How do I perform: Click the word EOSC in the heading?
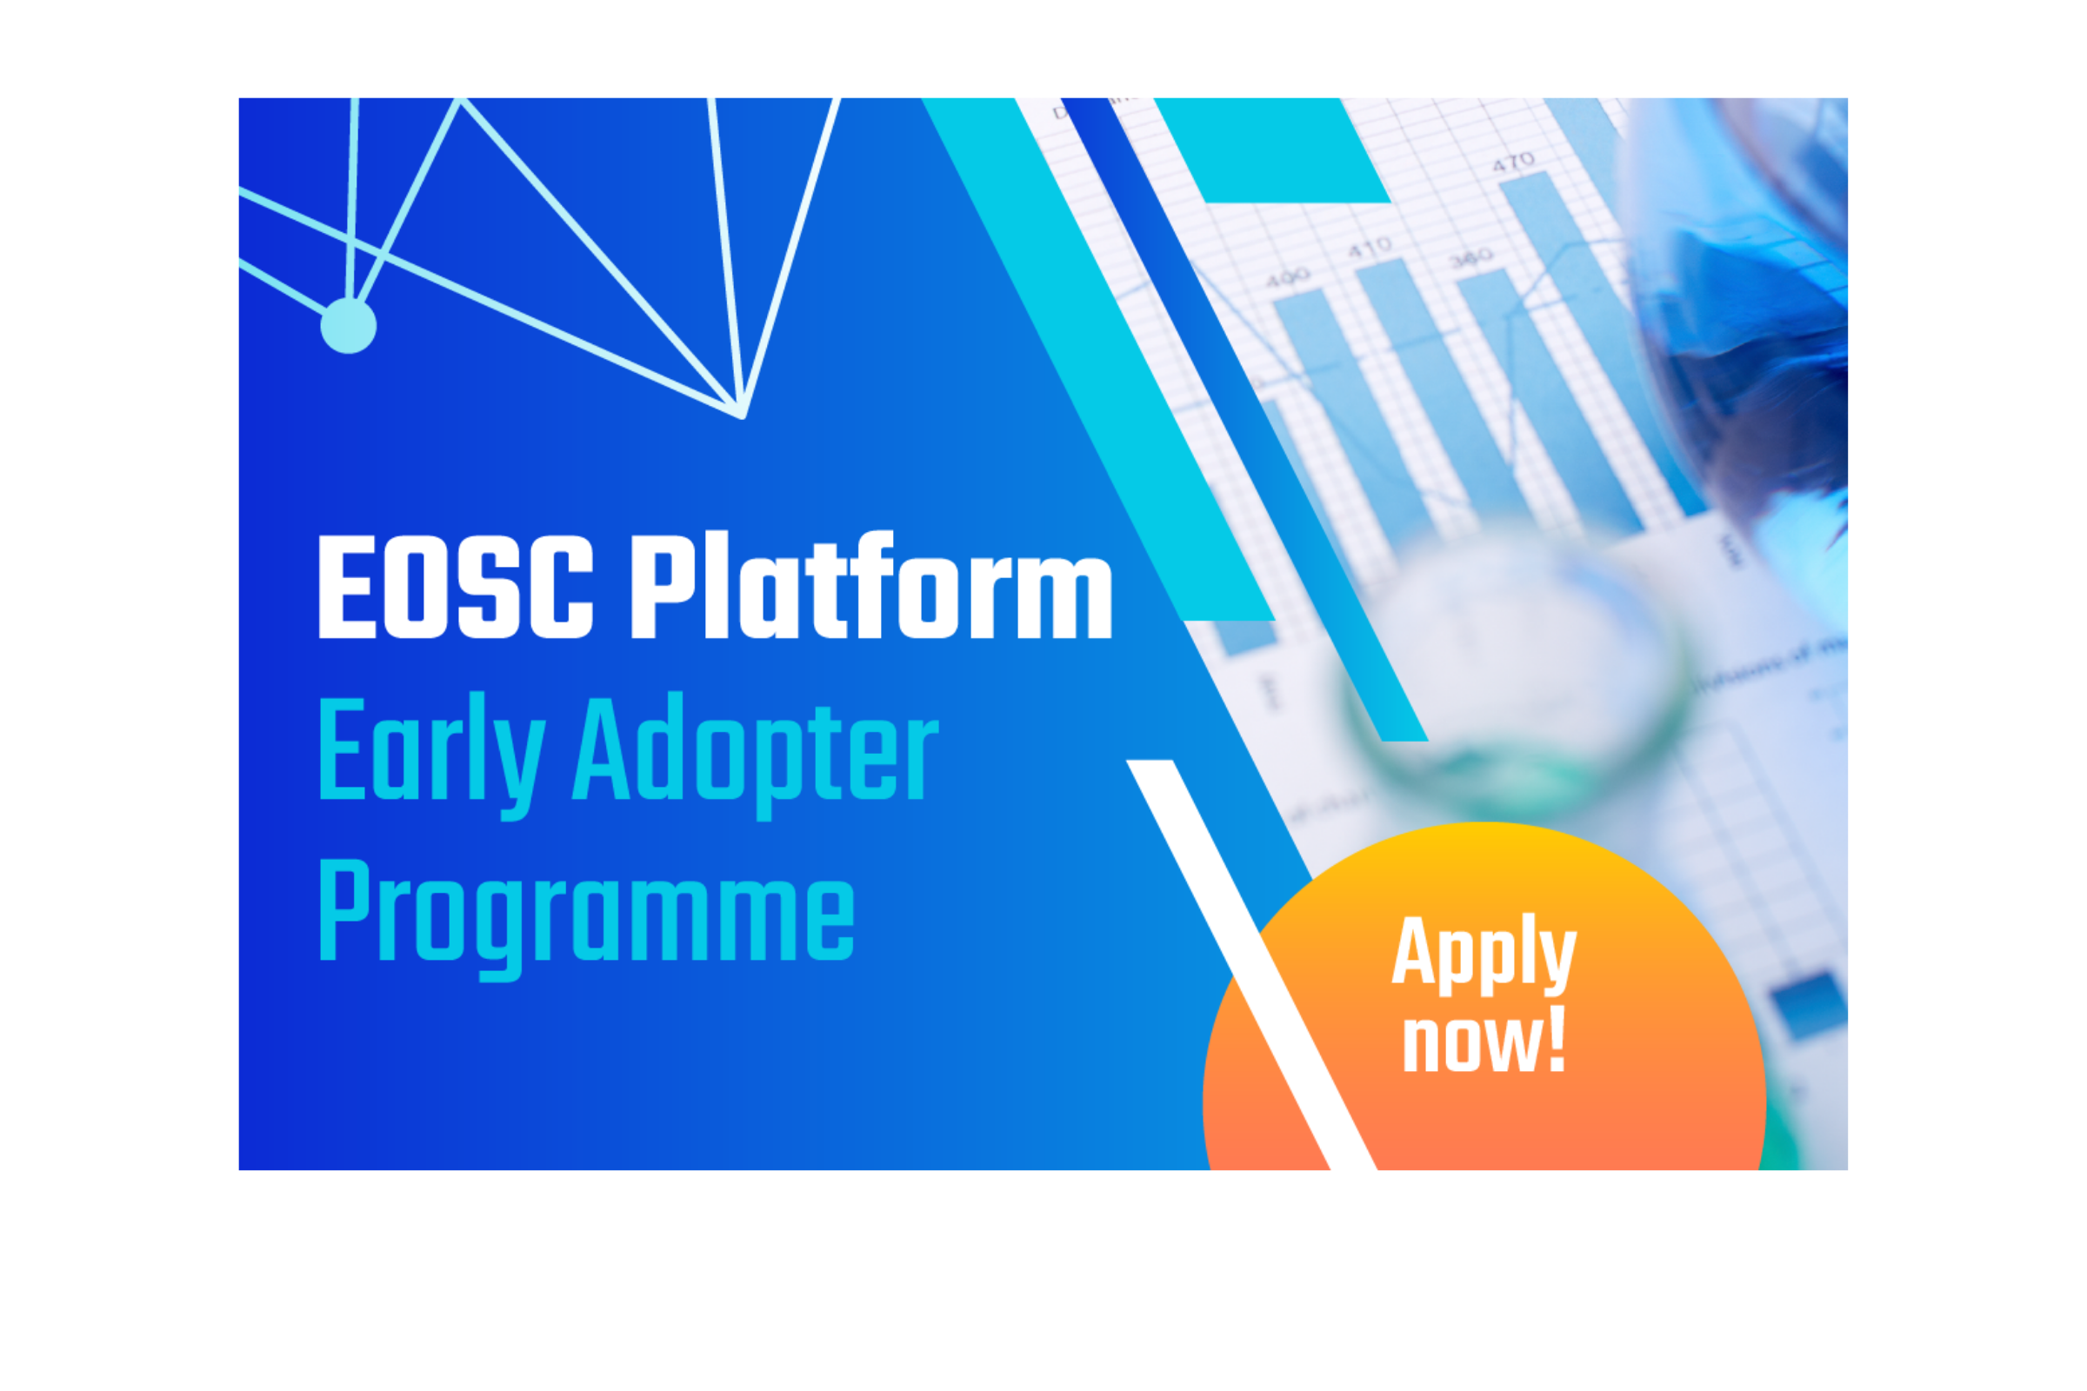[x=455, y=588]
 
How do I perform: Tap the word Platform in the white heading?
[x=870, y=585]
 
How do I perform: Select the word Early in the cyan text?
[x=431, y=750]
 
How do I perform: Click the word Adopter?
[x=755, y=750]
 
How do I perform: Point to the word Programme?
[x=585, y=914]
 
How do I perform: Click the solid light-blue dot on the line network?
[x=348, y=325]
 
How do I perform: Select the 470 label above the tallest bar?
[x=1512, y=163]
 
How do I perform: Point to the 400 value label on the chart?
[x=1287, y=278]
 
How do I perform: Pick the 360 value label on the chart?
[x=1471, y=258]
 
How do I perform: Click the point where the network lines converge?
[x=742, y=415]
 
